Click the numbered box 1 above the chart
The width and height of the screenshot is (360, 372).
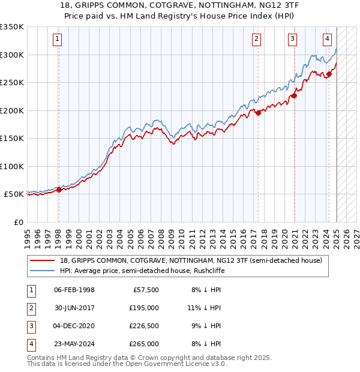[57, 40]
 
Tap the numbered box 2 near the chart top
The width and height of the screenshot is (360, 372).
[256, 40]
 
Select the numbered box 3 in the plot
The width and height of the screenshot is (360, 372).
[292, 40]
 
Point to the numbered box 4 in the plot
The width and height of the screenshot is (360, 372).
[327, 40]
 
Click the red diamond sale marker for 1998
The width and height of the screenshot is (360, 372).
[59, 190]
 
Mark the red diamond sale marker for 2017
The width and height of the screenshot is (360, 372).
[258, 113]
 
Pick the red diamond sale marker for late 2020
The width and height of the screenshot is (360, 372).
[295, 95]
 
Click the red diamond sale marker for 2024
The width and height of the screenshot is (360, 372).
[329, 74]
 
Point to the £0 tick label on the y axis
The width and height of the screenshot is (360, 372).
[19, 222]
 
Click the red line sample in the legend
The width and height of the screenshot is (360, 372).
[43, 260]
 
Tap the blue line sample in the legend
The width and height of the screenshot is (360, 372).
[43, 271]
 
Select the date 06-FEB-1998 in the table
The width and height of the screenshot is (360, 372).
[74, 290]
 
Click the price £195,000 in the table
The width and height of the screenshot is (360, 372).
[144, 308]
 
